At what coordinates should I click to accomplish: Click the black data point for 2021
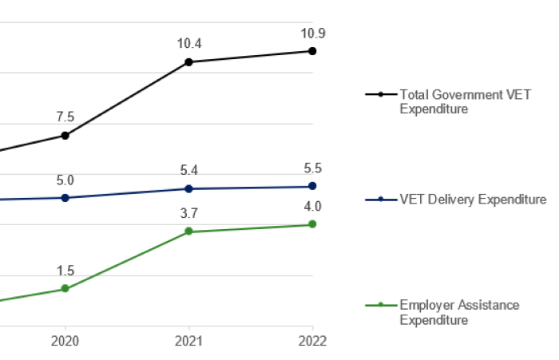[188, 61]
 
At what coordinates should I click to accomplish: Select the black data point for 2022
[312, 50]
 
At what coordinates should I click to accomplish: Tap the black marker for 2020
[65, 136]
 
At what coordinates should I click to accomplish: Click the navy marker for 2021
[188, 188]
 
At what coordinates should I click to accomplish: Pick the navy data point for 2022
[312, 187]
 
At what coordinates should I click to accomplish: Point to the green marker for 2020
[65, 288]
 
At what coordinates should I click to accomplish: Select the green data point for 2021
[188, 231]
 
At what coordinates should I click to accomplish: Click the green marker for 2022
[312, 224]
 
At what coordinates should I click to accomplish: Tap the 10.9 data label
[312, 34]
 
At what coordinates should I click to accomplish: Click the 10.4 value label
[188, 45]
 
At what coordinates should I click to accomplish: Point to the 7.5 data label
[65, 117]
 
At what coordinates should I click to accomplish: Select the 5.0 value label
[65, 180]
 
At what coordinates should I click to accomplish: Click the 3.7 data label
[188, 213]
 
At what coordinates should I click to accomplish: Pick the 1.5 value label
[65, 271]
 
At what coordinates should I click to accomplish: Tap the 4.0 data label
[312, 207]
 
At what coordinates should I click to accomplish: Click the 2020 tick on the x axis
[65, 340]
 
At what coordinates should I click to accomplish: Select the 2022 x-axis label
[312, 340]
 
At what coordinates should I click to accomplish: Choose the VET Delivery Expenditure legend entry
[455, 200]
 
